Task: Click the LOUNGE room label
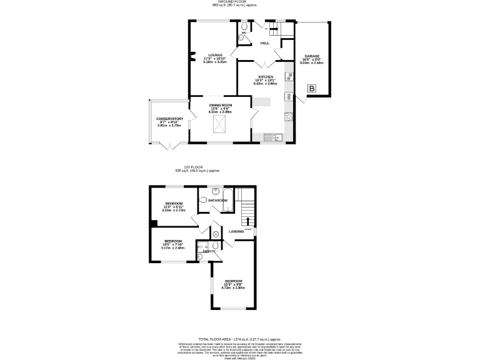216,55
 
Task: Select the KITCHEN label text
266,76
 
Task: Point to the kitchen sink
273,137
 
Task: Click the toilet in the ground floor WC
241,37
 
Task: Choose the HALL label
265,43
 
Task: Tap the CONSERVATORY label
170,119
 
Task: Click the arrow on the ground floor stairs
274,29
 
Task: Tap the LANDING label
236,232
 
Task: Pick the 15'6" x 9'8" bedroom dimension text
233,284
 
